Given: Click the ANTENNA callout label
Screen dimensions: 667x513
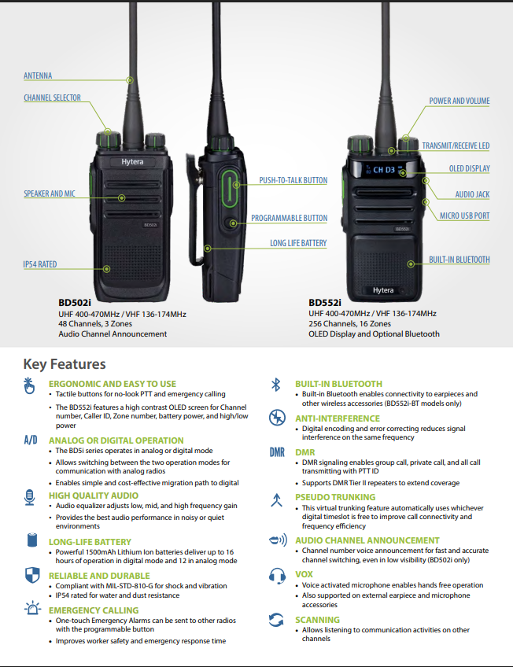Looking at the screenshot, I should point(38,76).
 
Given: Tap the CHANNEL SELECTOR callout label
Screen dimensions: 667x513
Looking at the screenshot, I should point(52,98).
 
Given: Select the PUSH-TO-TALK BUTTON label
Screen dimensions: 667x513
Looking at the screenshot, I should point(293,181).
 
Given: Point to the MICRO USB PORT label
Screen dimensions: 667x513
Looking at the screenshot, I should point(464,216).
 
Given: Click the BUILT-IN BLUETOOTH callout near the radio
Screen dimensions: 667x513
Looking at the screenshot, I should point(459,260).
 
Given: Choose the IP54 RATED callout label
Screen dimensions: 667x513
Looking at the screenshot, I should point(39,265).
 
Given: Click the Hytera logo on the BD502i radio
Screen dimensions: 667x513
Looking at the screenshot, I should point(131,160).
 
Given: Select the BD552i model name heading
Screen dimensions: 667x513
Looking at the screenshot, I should point(325,301).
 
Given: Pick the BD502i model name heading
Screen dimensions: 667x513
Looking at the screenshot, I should point(76,301).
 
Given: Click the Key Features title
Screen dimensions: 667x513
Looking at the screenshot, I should point(65,364).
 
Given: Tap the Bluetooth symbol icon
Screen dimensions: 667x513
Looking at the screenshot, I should point(275,385).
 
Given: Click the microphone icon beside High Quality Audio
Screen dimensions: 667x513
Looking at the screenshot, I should point(31,496).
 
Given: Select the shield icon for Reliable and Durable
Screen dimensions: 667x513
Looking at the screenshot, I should point(31,574).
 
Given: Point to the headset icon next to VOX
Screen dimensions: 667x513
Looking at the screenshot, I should point(276,575).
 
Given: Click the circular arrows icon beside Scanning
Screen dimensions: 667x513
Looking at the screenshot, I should point(276,621).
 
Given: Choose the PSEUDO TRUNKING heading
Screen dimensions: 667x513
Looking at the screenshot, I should point(335,497).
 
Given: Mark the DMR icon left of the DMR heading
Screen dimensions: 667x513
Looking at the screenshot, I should point(276,452).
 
